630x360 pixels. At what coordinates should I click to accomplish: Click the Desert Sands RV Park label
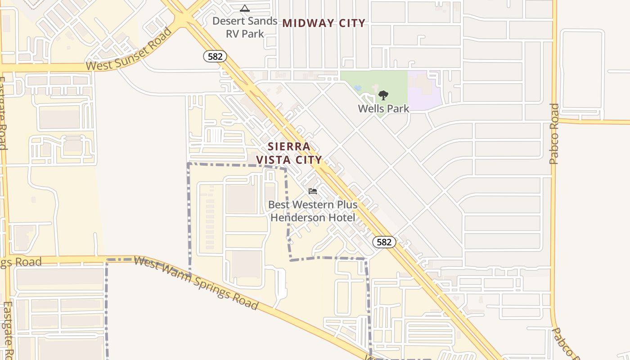pos(245,27)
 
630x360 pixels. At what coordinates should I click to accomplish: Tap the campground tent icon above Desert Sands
pos(244,8)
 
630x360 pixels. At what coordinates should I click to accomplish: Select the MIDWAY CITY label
pos(324,23)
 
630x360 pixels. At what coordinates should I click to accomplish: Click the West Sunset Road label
pos(129,49)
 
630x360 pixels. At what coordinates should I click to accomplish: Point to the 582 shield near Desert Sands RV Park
pos(215,56)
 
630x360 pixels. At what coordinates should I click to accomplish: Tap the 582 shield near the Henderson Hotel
pos(384,242)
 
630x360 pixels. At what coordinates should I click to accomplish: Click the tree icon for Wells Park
pos(383,95)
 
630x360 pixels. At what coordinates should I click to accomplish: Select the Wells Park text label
pos(383,108)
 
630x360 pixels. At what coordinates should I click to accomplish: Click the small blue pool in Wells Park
pos(358,87)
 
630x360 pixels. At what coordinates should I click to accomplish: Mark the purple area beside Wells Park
pos(423,90)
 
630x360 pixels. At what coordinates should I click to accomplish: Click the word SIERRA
pos(289,147)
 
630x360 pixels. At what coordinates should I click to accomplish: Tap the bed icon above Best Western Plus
pos(313,191)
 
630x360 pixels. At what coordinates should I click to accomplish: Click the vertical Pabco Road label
pos(554,134)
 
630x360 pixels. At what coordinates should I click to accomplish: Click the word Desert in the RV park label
pos(229,21)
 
